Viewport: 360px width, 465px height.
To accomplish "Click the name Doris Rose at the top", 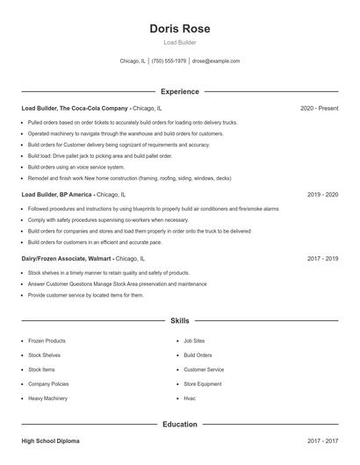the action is (180, 28).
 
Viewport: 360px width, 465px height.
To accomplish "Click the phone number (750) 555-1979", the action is (169, 61).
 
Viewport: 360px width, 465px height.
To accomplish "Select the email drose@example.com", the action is (215, 61).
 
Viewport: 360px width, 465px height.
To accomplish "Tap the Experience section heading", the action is (180, 91).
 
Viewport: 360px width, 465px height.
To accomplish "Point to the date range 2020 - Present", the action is (319, 108).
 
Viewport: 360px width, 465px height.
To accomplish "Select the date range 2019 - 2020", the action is (323, 194).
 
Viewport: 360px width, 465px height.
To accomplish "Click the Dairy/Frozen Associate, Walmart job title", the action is (67, 259).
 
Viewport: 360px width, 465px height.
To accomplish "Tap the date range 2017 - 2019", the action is (323, 259).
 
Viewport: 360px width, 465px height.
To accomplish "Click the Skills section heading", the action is (180, 320).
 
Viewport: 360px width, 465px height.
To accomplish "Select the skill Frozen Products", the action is (47, 340).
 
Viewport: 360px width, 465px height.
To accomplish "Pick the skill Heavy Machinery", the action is (47, 398).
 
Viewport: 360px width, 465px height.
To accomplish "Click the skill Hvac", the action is (189, 398).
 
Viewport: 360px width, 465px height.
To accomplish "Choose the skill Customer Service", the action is (204, 369).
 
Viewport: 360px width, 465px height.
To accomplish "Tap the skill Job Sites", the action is (194, 340).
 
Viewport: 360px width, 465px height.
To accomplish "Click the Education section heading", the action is (180, 424).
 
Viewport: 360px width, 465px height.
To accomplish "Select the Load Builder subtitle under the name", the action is (180, 42).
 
